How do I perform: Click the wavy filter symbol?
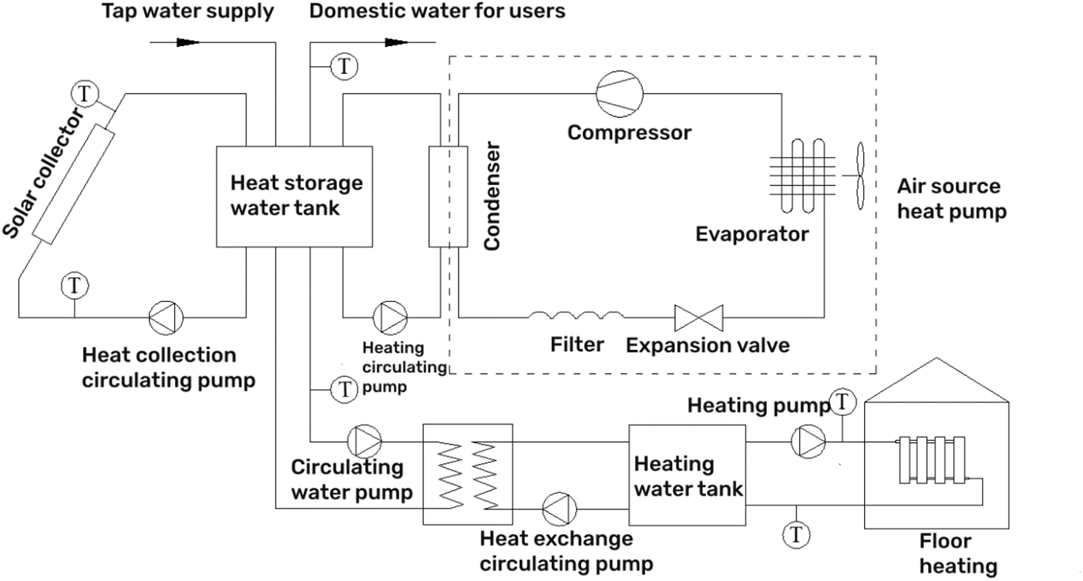coord(577,314)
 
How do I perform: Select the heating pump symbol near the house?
coord(809,441)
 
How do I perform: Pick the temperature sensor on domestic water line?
coord(345,67)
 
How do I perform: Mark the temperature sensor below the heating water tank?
coord(795,533)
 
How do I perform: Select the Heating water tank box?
coord(688,475)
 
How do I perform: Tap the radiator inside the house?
coord(931,461)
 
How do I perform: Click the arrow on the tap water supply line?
coord(188,42)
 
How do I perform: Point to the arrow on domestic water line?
coord(396,42)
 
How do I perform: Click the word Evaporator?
coord(752,234)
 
